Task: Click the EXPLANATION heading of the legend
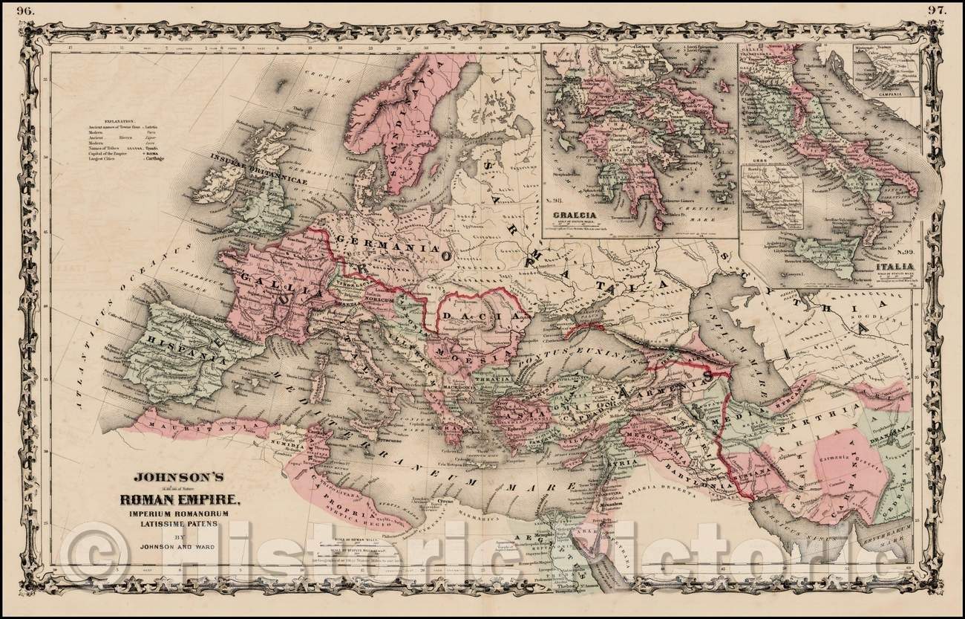pos(114,120)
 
